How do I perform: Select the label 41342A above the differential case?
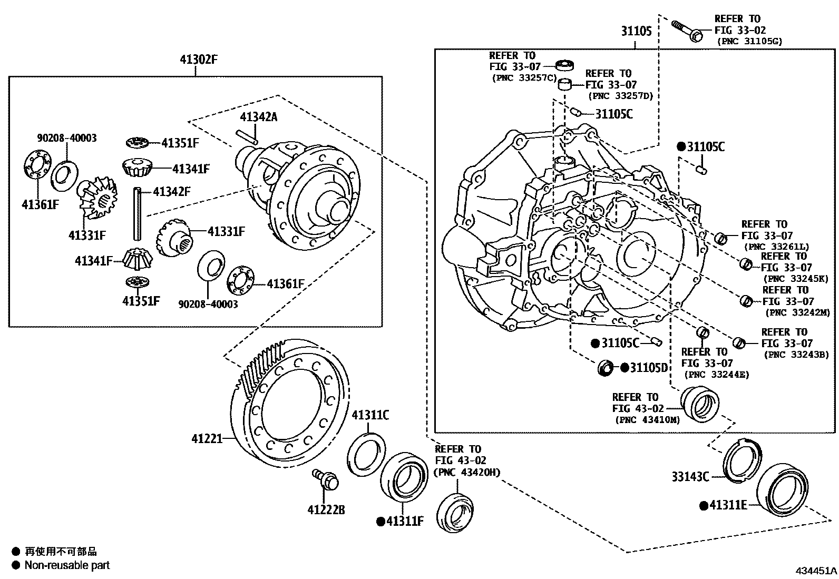tap(258, 117)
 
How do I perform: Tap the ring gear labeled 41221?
tap(290, 406)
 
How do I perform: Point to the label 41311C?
tap(370, 415)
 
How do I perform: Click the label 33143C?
tap(690, 477)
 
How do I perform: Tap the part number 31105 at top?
tap(636, 32)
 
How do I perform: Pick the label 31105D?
tap(649, 368)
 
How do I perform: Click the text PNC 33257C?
tap(524, 78)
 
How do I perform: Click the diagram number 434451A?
tap(816, 571)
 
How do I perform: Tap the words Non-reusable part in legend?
tap(67, 565)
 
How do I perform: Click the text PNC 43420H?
tap(466, 472)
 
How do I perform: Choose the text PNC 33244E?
tap(716, 375)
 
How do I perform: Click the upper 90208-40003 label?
tap(66, 138)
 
